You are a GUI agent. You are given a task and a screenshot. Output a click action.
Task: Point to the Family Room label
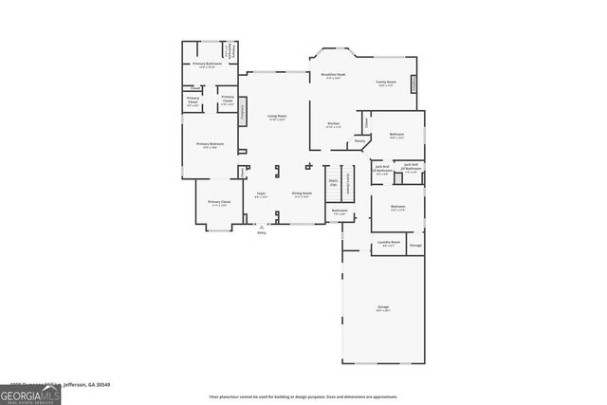[x=386, y=83]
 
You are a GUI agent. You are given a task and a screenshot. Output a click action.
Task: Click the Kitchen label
[x=334, y=125]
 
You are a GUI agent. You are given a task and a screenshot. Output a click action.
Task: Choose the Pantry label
[x=360, y=141]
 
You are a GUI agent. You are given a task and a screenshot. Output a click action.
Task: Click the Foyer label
[x=261, y=194]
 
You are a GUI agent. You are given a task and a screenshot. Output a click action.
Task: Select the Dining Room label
[x=302, y=194]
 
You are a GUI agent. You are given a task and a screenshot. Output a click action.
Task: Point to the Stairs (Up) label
[x=333, y=182]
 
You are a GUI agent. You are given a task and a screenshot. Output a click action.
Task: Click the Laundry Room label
[x=389, y=243]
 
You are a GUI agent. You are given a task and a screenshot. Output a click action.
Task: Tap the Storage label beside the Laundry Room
[x=415, y=245]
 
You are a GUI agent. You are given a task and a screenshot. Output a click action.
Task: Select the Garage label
[x=383, y=307]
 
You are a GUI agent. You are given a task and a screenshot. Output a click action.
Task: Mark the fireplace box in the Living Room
[x=242, y=114]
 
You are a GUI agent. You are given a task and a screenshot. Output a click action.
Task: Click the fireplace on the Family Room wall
[x=414, y=84]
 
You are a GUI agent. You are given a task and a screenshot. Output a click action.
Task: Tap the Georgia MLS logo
[x=30, y=393]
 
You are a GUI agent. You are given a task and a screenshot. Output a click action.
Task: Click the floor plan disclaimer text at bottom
[x=303, y=396]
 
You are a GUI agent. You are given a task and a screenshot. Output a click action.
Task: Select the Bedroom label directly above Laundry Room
[x=398, y=207]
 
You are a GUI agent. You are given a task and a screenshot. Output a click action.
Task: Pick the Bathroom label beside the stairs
[x=340, y=212]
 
